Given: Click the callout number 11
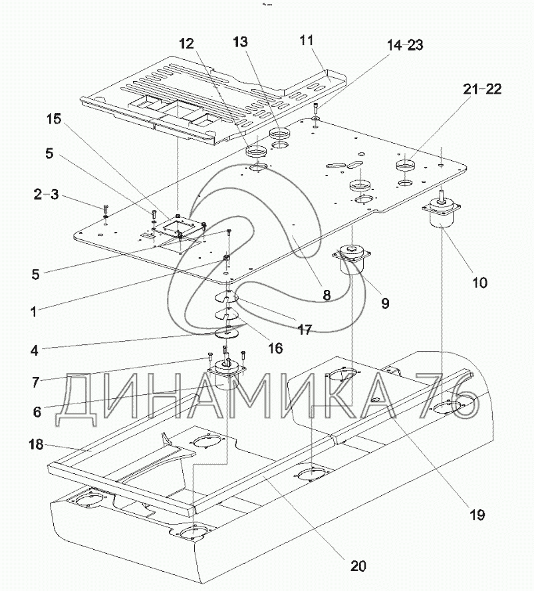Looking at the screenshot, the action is pyautogui.click(x=306, y=41).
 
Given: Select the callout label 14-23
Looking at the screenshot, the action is pyautogui.click(x=405, y=45).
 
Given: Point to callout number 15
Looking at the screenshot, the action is pyautogui.click(x=54, y=119).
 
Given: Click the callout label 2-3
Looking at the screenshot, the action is pyautogui.click(x=46, y=195).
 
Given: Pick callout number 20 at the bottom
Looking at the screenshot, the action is pyautogui.click(x=358, y=566).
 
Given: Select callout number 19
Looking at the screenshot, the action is pyautogui.click(x=477, y=515).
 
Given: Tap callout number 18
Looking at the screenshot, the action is pyautogui.click(x=36, y=445).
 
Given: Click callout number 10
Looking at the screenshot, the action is pyautogui.click(x=479, y=283).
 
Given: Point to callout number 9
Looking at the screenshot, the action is pyautogui.click(x=385, y=303).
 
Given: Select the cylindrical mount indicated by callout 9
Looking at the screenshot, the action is pyautogui.click(x=351, y=261).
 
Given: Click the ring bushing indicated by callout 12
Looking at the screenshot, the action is pyautogui.click(x=256, y=152).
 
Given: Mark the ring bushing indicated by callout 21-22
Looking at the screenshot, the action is pyautogui.click(x=406, y=165).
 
